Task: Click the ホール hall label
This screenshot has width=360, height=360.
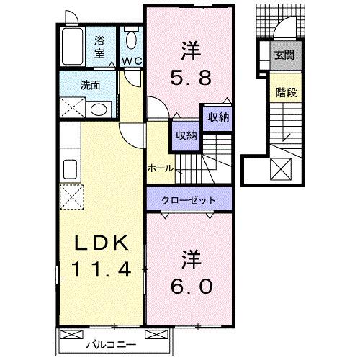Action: [159, 168]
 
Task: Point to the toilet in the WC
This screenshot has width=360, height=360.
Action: [132, 40]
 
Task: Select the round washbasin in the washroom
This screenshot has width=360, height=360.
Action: [98, 109]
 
